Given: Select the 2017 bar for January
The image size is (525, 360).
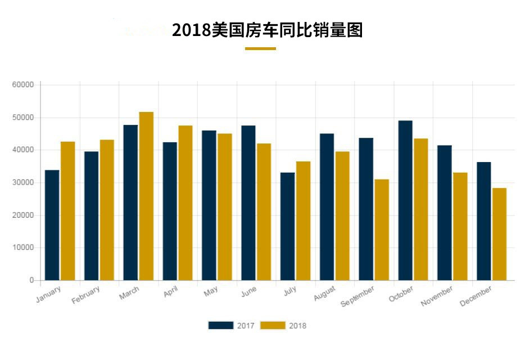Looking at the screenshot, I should point(52,225).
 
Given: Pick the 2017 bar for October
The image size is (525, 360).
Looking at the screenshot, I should point(405,200).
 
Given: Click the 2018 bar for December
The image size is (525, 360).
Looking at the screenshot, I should point(499,234).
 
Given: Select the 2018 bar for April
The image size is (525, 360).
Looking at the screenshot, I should point(185,202).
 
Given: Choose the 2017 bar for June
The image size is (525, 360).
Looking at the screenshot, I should point(248,202).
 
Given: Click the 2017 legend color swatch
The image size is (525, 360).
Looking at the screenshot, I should point(220,325).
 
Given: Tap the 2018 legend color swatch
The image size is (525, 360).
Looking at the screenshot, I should point(274,325).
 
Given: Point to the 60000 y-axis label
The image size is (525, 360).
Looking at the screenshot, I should point(23,85).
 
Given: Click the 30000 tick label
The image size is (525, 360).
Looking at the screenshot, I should point(23,183).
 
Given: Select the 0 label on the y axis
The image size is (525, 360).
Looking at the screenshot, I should point(31,280).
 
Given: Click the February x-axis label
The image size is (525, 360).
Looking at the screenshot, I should point(86,295).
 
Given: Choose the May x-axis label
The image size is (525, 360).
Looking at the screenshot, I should point(211,292).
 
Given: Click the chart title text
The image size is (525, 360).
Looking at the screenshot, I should point(267,30).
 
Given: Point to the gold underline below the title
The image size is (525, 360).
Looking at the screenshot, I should point(260,49).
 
